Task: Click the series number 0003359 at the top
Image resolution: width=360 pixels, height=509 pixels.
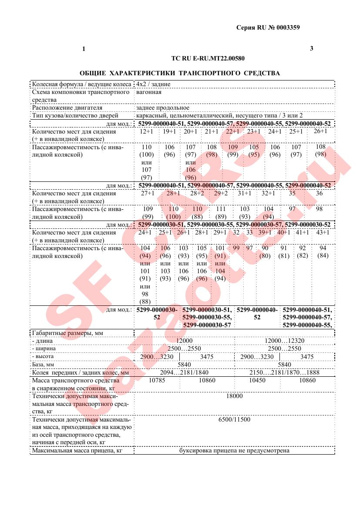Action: click(x=286, y=27)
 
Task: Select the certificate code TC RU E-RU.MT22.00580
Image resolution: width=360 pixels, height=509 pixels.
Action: click(x=208, y=58)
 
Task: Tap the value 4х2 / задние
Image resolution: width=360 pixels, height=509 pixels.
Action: click(x=153, y=84)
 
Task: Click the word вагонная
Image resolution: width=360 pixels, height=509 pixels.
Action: click(x=149, y=92)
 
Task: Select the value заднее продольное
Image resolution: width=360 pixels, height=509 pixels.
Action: click(x=163, y=107)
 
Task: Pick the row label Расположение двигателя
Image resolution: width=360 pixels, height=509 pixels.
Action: click(x=67, y=107)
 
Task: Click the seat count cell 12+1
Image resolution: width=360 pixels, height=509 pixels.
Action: click(x=147, y=131)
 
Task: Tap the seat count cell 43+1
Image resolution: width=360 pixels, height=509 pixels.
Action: click(x=323, y=232)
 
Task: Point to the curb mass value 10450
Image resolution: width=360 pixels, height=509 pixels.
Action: click(x=257, y=380)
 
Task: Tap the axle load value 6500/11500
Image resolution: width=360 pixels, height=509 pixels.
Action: click(x=234, y=419)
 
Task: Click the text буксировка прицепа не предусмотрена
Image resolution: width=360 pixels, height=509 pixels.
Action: click(x=234, y=451)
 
